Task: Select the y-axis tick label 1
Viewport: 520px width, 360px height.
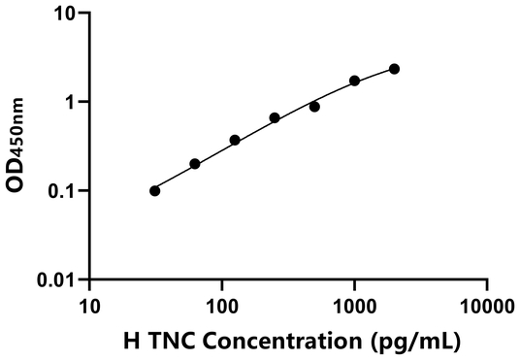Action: point(71,103)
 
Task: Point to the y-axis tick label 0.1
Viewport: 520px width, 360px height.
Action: point(63,191)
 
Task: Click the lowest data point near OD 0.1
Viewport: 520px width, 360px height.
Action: point(155,190)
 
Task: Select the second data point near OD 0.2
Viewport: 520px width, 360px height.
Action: point(195,164)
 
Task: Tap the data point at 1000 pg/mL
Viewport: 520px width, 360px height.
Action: point(355,81)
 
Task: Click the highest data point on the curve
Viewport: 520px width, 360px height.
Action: point(395,69)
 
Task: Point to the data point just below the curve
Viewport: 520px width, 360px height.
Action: point(314,107)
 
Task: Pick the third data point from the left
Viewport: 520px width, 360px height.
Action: point(235,140)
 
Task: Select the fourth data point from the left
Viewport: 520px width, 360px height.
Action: point(275,117)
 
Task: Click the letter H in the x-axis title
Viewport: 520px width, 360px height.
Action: point(132,341)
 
